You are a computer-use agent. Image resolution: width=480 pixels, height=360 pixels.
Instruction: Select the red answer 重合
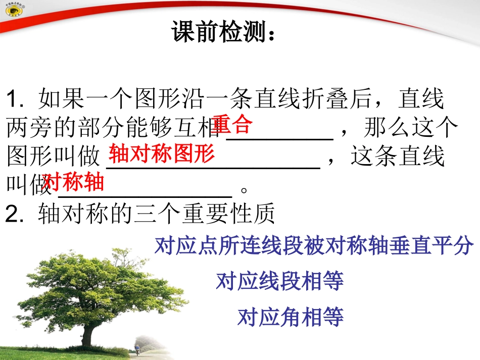(x=232, y=124)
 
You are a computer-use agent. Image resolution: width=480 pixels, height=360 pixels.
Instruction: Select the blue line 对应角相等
(x=291, y=317)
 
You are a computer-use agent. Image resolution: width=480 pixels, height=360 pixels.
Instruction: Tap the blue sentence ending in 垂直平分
(x=314, y=246)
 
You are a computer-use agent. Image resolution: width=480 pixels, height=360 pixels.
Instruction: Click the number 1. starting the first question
(x=17, y=100)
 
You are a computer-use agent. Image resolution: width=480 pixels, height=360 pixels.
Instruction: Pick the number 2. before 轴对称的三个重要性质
(x=16, y=215)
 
